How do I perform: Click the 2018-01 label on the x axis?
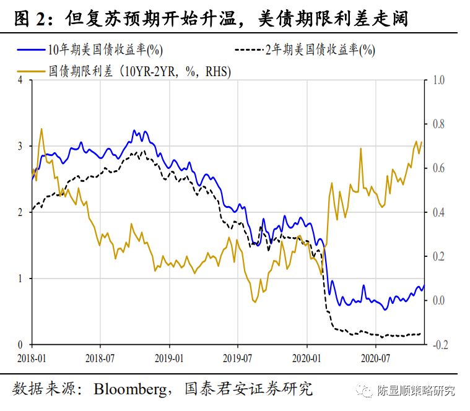tap(31, 357)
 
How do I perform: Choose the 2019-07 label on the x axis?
tap(238, 357)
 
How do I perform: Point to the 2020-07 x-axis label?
tap(376, 357)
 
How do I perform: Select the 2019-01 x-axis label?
tap(169, 357)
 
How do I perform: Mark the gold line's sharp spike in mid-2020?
tap(360, 149)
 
